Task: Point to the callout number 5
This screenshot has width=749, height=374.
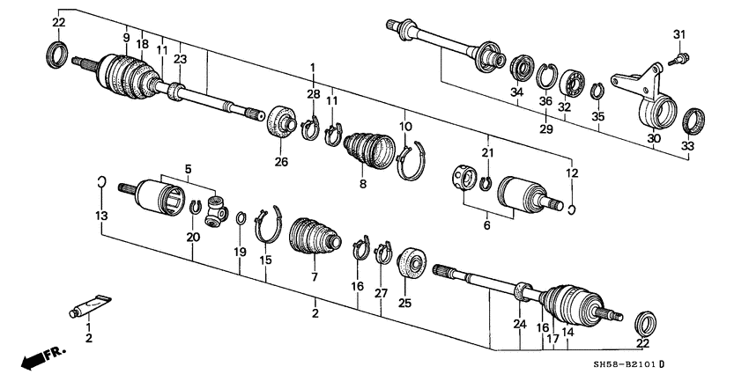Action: pyautogui.click(x=188, y=168)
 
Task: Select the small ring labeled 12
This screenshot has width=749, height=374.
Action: pyautogui.click(x=572, y=209)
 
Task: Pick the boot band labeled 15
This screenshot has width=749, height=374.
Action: pyautogui.click(x=268, y=226)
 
